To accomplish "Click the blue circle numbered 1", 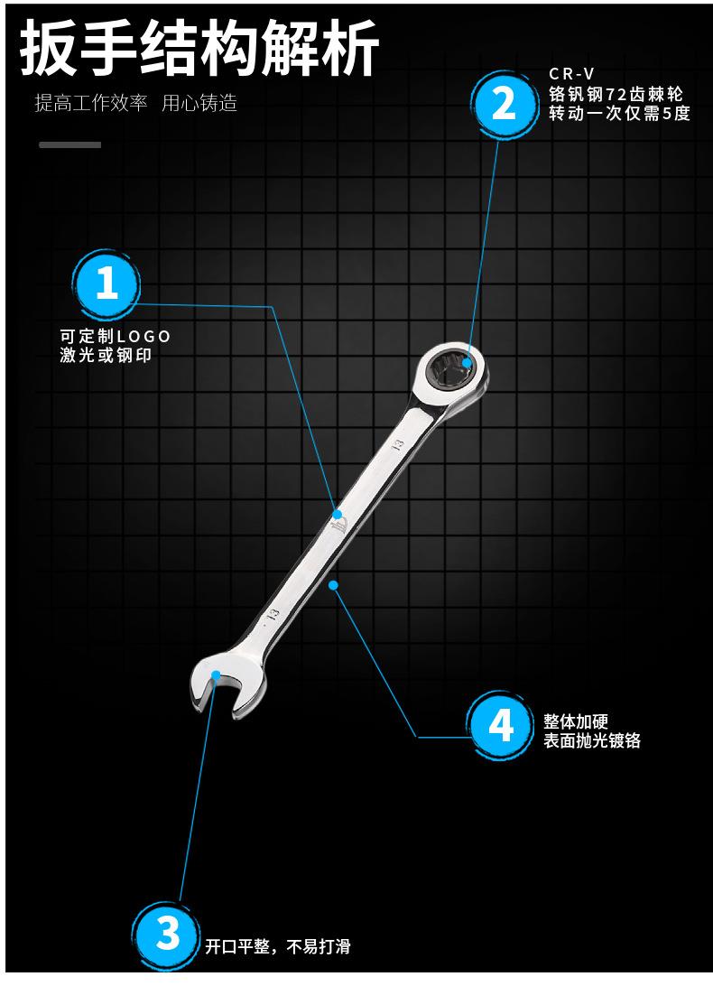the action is click(106, 284).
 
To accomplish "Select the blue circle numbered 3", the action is click(168, 933).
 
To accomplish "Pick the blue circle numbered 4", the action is click(502, 725).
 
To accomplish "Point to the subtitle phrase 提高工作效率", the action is click(90, 103).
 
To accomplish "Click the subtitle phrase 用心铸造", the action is click(199, 103).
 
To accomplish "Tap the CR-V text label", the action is click(572, 74).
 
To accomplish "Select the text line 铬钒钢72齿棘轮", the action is click(616, 94).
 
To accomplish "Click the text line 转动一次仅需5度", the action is click(619, 114).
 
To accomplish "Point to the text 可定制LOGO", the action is click(115, 337).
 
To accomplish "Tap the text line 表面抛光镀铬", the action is click(592, 741).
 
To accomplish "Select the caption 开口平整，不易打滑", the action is click(277, 946).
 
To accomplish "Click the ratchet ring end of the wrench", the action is click(450, 370).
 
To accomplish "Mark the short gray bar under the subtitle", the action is click(69, 144).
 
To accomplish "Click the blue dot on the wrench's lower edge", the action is click(333, 585).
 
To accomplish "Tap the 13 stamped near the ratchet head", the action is click(395, 445).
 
